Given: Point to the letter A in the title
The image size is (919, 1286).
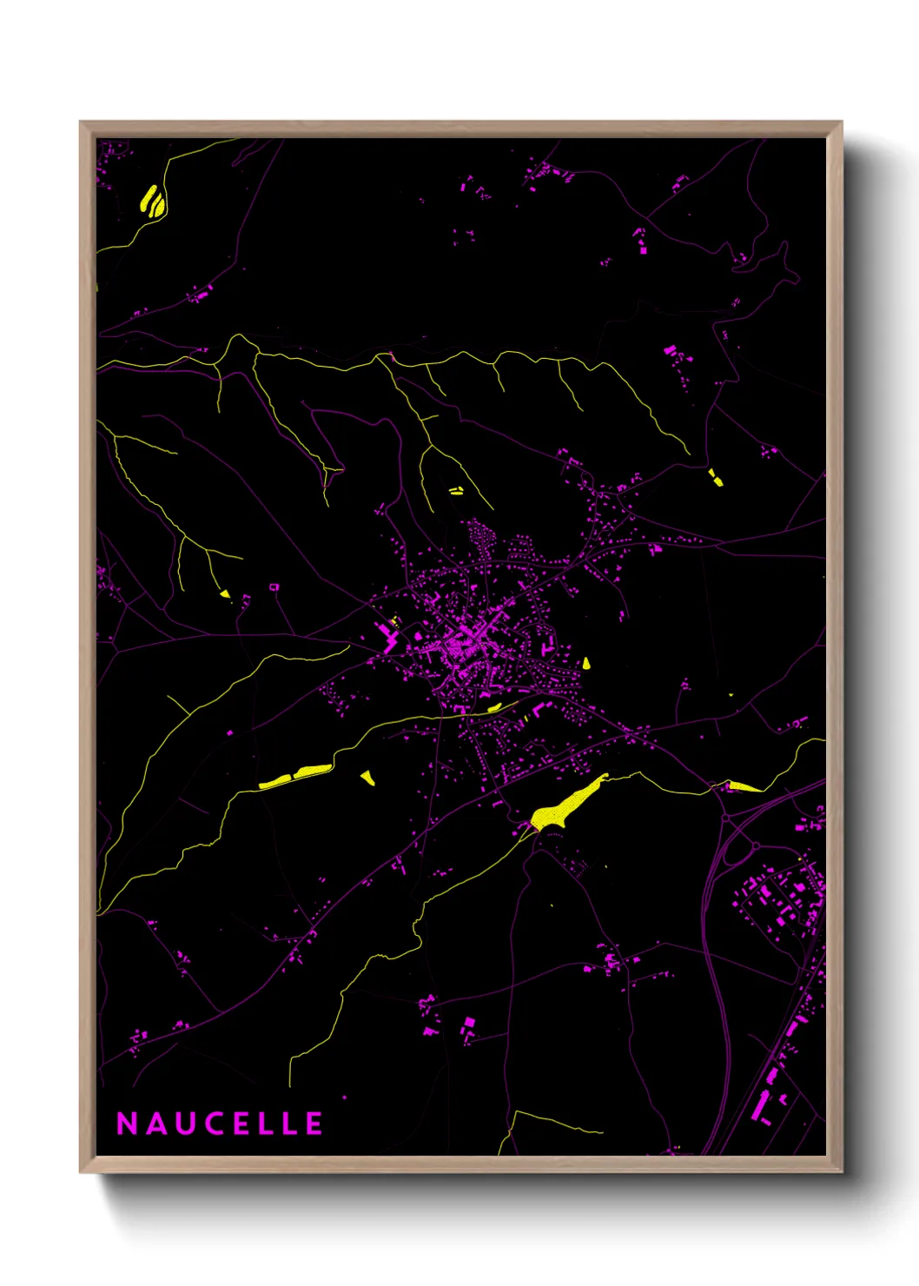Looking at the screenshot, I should tap(156, 1124).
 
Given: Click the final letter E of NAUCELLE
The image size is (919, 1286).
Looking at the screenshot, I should tap(314, 1124).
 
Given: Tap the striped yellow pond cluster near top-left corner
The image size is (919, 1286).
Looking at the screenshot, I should tap(153, 202).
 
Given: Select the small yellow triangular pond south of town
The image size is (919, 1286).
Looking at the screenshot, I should tap(367, 777).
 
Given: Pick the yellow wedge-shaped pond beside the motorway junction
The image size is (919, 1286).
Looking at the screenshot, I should tap(743, 787).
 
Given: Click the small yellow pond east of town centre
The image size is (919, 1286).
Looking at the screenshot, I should tap(586, 664).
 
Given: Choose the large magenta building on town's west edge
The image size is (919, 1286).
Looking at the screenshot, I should tap(386, 635).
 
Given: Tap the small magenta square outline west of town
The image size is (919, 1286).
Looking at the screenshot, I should tap(274, 587).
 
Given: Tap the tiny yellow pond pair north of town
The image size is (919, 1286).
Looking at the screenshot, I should tap(456, 491).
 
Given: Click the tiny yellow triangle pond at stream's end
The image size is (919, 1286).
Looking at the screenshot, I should tap(225, 593).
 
